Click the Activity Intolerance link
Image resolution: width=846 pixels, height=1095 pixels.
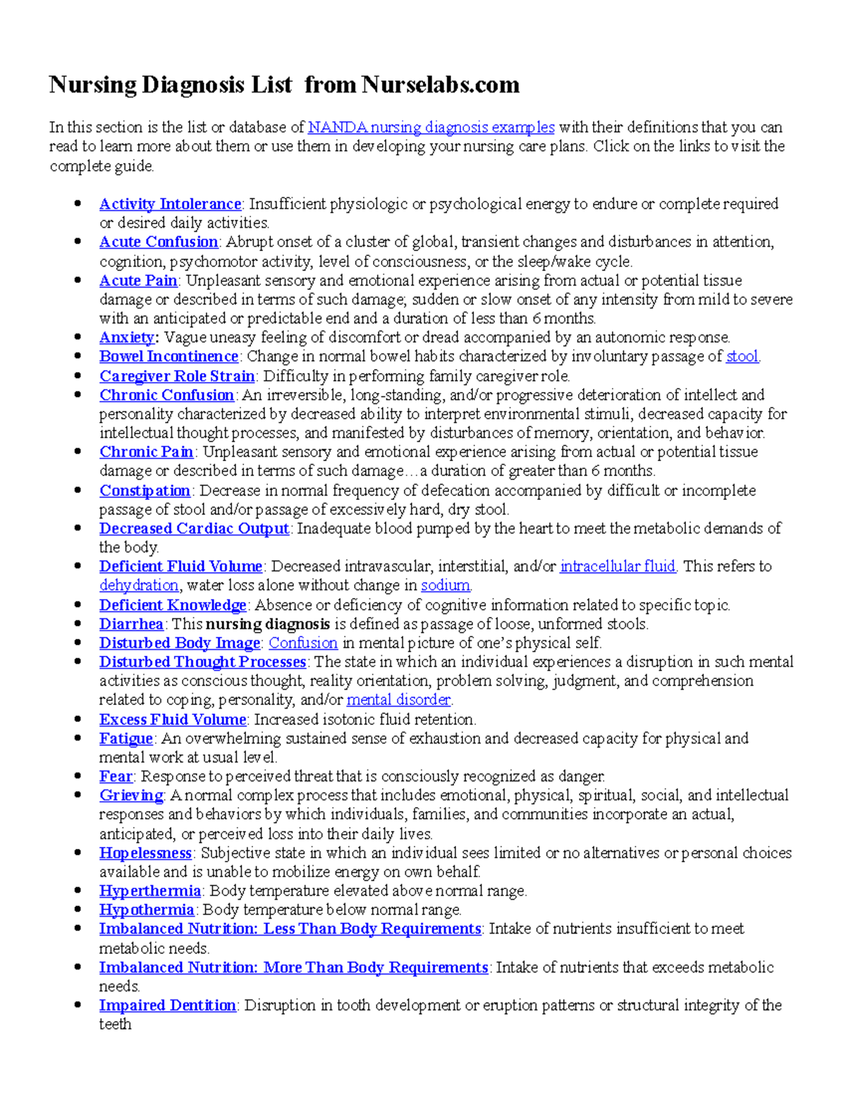(170, 204)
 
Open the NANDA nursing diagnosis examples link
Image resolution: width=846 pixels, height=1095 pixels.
(431, 128)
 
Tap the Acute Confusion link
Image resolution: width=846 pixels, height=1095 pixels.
(159, 242)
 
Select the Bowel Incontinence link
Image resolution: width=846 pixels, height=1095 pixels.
(168, 356)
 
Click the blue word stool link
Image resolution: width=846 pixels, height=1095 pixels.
(742, 356)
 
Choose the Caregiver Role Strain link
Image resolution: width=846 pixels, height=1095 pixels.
(176, 376)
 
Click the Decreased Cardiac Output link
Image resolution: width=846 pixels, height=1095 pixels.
(194, 528)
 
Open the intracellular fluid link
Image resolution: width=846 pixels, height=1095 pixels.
(617, 566)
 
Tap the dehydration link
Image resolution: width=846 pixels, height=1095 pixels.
(138, 585)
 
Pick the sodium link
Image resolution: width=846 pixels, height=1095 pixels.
(445, 585)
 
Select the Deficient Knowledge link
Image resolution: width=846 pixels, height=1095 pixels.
(173, 605)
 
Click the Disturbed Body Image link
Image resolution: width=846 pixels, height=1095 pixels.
(180, 643)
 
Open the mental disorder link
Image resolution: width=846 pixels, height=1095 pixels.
(398, 699)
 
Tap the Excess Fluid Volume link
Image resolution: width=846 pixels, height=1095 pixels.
(173, 719)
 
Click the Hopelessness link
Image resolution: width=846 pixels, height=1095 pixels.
(145, 852)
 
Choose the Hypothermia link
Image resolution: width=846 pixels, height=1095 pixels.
(147, 910)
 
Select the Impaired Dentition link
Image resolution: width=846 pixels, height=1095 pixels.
(167, 1005)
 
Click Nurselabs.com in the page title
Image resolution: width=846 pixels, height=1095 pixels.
(441, 85)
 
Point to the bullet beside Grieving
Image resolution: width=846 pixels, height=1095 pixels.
(78, 795)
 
